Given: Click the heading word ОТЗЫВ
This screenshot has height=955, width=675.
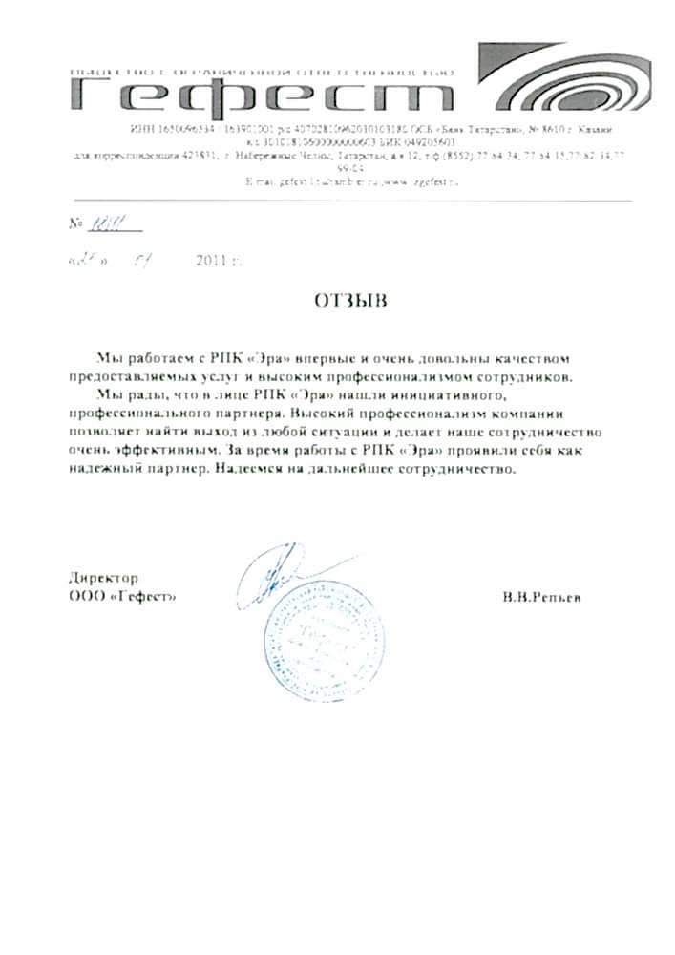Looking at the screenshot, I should click(x=350, y=301).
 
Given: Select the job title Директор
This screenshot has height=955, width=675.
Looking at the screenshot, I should click(x=104, y=578).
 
